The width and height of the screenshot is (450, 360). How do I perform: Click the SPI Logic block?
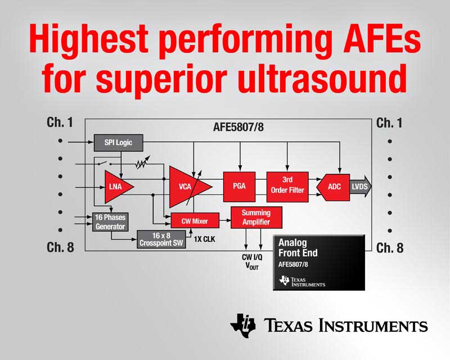click(x=118, y=143)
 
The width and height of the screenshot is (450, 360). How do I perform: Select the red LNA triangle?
click(x=116, y=187)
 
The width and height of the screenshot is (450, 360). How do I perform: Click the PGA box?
click(x=239, y=187)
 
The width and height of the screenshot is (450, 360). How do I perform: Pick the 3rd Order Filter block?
click(x=287, y=187)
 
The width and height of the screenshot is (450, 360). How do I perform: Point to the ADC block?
click(x=333, y=187)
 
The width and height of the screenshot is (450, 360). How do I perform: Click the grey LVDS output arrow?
click(x=360, y=187)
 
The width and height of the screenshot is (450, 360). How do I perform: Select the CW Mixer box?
click(x=195, y=220)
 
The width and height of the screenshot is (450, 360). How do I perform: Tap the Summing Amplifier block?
click(x=256, y=217)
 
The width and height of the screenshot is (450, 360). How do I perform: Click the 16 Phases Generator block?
click(x=110, y=222)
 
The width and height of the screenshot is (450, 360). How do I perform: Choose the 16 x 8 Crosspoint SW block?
click(x=161, y=239)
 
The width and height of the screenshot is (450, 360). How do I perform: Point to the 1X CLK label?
click(x=204, y=239)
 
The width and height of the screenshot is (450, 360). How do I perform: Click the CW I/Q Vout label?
click(x=252, y=262)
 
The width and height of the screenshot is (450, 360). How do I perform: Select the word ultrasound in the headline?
click(x=322, y=78)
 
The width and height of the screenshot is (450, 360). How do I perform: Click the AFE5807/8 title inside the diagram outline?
click(x=238, y=127)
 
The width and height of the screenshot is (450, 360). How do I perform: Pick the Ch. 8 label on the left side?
click(x=60, y=247)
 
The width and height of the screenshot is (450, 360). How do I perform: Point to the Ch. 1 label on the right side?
click(x=389, y=123)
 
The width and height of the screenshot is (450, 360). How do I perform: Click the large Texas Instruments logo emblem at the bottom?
click(x=243, y=326)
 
